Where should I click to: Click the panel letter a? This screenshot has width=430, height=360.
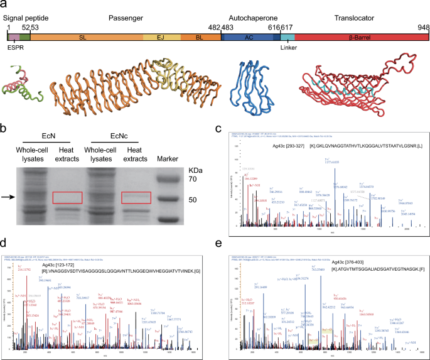4,5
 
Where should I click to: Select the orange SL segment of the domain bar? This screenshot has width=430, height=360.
82,38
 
